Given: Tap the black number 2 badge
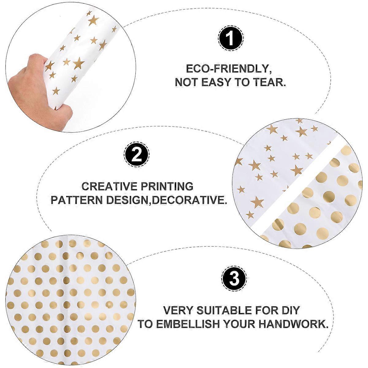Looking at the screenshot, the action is (x=137, y=155).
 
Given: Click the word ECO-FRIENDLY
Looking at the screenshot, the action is (x=229, y=69).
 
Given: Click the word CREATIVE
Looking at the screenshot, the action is (x=109, y=186).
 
